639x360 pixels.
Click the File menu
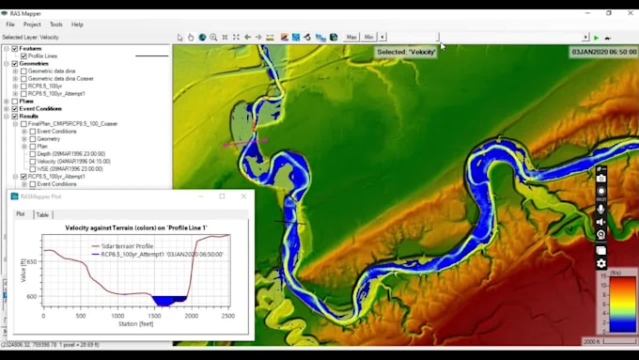click(10, 24)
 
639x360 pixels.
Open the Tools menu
click(55, 24)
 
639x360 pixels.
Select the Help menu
click(77, 24)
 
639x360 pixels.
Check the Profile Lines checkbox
click(23, 56)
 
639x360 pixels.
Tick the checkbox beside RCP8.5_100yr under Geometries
click(23, 86)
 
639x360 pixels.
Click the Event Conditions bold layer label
click(40, 109)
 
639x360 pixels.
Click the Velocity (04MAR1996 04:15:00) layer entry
click(74, 162)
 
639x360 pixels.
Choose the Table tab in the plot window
click(42, 214)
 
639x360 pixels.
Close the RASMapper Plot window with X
click(244, 196)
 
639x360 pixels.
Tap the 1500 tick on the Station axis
click(152, 315)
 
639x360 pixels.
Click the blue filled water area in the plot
click(169, 300)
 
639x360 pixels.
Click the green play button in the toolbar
click(596, 38)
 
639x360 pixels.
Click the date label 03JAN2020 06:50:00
click(603, 53)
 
